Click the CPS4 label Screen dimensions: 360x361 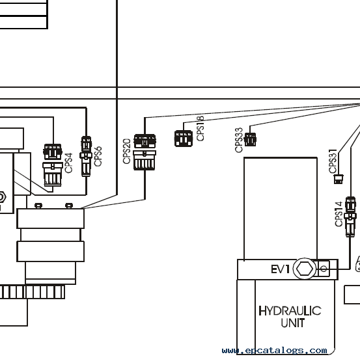click(x=69, y=163)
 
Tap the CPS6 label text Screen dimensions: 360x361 click(x=98, y=156)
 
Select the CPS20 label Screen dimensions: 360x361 click(x=127, y=152)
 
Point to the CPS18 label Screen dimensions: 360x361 click(x=201, y=129)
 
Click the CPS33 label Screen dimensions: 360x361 click(x=239, y=140)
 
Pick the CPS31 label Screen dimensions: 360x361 click(x=333, y=161)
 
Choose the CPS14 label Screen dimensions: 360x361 click(x=339, y=214)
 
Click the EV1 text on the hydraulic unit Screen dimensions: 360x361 click(x=280, y=269)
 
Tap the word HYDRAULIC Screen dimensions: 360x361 click(x=290, y=311)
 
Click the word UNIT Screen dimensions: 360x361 click(x=293, y=323)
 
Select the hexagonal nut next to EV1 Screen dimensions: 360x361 click(x=305, y=269)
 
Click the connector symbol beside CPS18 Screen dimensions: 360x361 click(x=184, y=139)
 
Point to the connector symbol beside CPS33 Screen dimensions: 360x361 click(x=250, y=139)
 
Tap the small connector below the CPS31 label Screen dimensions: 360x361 click(x=339, y=179)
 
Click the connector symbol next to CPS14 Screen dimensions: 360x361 click(x=350, y=217)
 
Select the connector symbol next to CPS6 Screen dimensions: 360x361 click(x=86, y=156)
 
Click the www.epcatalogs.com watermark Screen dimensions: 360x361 click(x=274, y=351)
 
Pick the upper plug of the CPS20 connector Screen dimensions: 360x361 click(x=145, y=141)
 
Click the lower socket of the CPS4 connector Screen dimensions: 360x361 click(x=53, y=174)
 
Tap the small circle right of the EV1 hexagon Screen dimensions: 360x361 click(x=324, y=269)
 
